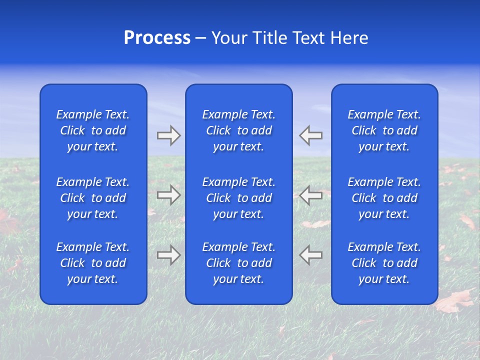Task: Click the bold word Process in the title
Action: (157, 38)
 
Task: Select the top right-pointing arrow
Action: (168, 135)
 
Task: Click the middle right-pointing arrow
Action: (168, 195)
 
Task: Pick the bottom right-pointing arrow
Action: (168, 254)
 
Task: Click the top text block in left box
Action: (93, 130)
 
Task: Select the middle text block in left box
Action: (93, 198)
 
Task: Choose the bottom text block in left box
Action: (93, 263)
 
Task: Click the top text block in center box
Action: (238, 130)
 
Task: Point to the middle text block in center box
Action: (238, 198)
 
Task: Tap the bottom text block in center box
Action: (238, 263)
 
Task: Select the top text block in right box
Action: (384, 130)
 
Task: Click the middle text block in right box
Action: (384, 198)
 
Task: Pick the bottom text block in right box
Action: (384, 263)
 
